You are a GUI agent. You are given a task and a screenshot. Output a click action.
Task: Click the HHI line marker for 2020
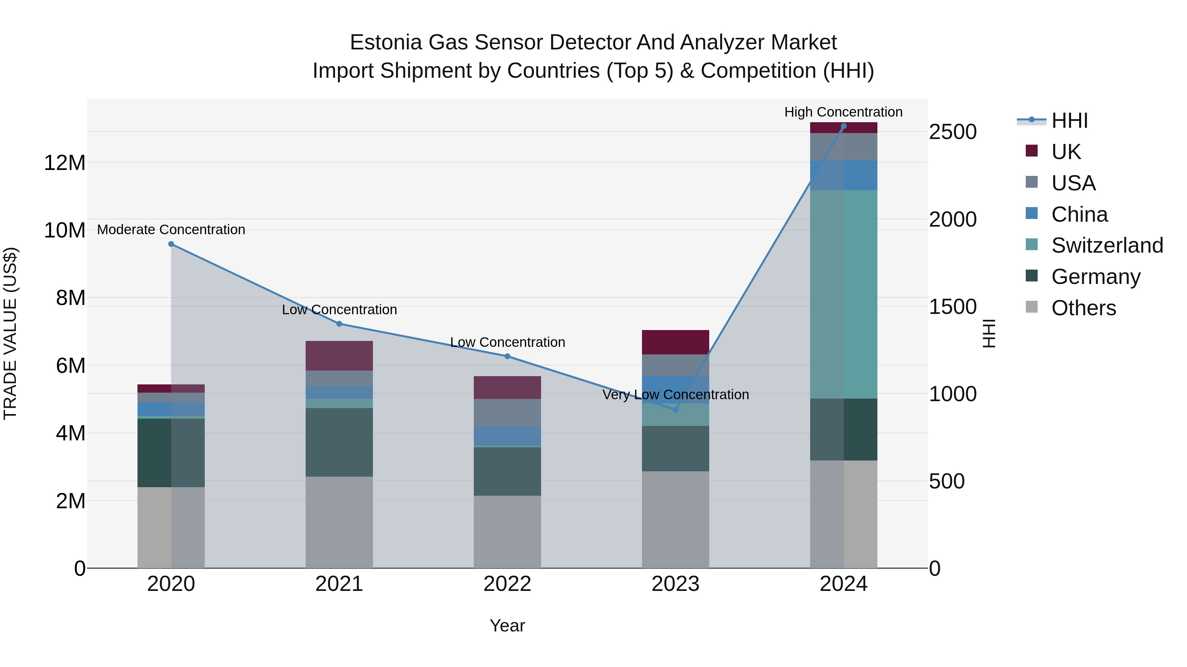tap(171, 244)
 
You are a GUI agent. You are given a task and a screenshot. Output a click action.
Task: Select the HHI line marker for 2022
tap(507, 356)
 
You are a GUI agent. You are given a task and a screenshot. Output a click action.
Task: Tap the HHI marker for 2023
tap(676, 409)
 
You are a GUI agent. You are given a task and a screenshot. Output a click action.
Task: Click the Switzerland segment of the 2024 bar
tap(844, 294)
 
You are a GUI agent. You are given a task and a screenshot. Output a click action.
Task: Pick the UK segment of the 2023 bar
tap(676, 342)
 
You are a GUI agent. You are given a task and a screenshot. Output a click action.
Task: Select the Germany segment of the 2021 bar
tap(339, 442)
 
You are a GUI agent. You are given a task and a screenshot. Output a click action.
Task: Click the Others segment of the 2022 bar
tap(507, 532)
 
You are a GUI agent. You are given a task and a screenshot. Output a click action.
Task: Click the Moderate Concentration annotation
tap(171, 230)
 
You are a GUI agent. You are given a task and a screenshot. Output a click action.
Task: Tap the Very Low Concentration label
tap(676, 395)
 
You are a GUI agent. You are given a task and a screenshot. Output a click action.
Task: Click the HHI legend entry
tap(1069, 121)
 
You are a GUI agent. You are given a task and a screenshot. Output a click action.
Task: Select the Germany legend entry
tap(1095, 277)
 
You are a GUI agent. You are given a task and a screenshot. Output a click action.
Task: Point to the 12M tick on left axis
tap(65, 163)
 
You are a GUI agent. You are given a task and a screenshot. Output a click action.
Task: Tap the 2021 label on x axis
tap(339, 584)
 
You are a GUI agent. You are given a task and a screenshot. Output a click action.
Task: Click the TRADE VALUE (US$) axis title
tap(10, 333)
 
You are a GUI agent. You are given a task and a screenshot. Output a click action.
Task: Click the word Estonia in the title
tap(386, 43)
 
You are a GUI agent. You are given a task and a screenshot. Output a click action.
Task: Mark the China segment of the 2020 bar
tap(171, 409)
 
